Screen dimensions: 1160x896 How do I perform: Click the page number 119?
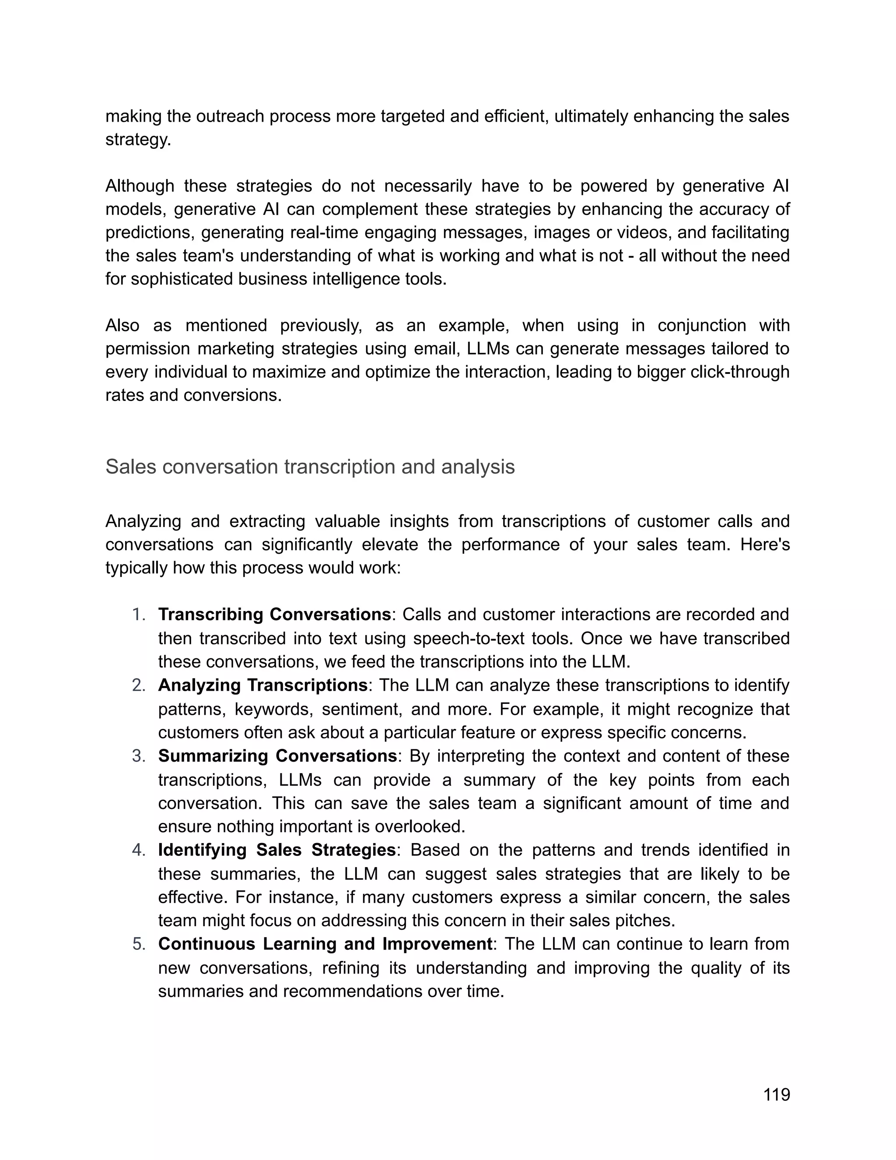777,1094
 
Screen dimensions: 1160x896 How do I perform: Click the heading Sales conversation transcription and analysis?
310,467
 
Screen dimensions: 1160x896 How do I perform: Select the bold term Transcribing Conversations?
274,615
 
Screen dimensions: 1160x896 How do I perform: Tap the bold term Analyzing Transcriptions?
263,685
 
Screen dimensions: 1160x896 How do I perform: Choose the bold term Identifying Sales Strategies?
276,850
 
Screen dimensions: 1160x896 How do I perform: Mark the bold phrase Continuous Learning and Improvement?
325,944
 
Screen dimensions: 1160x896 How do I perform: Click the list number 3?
139,756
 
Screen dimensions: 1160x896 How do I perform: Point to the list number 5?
139,944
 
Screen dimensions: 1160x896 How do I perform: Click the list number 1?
139,615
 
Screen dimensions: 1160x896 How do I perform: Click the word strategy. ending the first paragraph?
138,140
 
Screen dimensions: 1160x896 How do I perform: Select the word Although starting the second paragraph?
140,186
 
